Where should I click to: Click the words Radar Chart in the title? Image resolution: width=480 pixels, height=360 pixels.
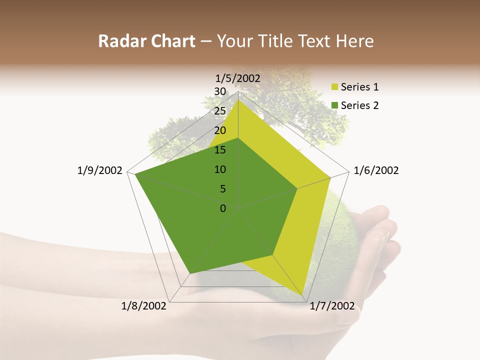(x=146, y=41)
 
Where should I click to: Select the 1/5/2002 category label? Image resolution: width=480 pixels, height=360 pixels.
(x=238, y=78)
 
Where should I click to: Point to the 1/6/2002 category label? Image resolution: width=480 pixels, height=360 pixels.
(x=376, y=170)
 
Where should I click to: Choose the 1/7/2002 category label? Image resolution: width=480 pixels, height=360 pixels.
(x=332, y=306)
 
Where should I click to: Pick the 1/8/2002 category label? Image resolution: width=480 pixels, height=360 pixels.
(x=144, y=306)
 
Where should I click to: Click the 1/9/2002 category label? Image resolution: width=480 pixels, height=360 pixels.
(x=99, y=170)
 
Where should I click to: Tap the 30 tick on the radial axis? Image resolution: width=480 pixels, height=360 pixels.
(x=220, y=91)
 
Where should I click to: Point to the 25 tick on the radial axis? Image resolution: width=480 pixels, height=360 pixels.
(x=220, y=111)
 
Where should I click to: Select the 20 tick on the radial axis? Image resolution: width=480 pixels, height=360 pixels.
(x=220, y=130)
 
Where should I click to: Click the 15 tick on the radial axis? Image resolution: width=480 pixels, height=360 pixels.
(x=220, y=150)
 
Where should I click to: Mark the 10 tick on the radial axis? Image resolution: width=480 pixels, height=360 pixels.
(x=220, y=169)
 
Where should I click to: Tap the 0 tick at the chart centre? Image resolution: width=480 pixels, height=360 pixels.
(x=223, y=208)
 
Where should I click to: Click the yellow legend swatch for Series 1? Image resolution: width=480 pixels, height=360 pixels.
(x=334, y=87)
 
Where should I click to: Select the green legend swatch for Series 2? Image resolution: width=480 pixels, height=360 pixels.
(x=334, y=105)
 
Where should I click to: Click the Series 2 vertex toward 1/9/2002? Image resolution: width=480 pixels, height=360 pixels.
(x=135, y=174)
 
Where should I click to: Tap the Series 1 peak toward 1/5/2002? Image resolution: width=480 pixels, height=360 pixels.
(x=238, y=99)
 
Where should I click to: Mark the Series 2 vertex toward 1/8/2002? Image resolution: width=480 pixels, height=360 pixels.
(x=190, y=274)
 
